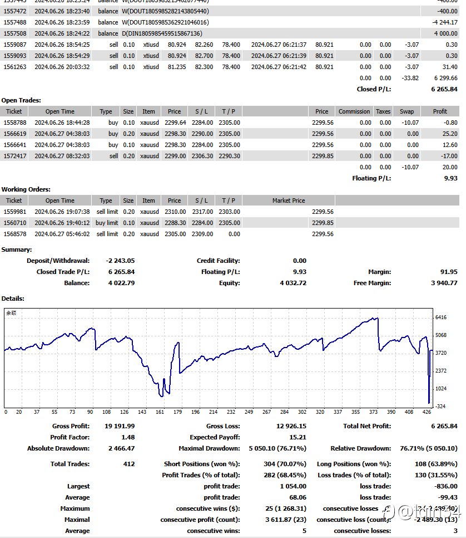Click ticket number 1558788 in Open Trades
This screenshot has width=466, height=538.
[x=13, y=123]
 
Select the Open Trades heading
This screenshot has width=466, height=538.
[x=21, y=100]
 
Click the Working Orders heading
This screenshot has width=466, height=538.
[x=26, y=189]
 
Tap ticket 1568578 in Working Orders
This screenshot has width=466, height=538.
[x=13, y=234]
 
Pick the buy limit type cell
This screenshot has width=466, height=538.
[x=107, y=223]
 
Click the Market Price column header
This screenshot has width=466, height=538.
[x=289, y=200]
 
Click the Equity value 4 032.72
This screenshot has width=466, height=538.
[x=293, y=283]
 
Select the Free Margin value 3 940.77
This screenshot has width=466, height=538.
[x=444, y=283]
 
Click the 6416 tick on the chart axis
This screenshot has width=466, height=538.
[x=441, y=317]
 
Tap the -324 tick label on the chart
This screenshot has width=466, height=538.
[x=440, y=407]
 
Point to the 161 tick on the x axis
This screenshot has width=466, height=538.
[x=160, y=412]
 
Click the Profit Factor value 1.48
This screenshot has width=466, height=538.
[x=127, y=437]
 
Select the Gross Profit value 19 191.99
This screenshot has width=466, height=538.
[x=120, y=426]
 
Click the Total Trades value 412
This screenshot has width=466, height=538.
[x=129, y=464]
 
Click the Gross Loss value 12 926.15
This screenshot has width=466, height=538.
[x=291, y=426]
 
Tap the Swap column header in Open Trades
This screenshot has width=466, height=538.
[x=406, y=111]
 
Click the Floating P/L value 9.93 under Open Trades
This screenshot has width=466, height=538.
[x=450, y=178]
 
